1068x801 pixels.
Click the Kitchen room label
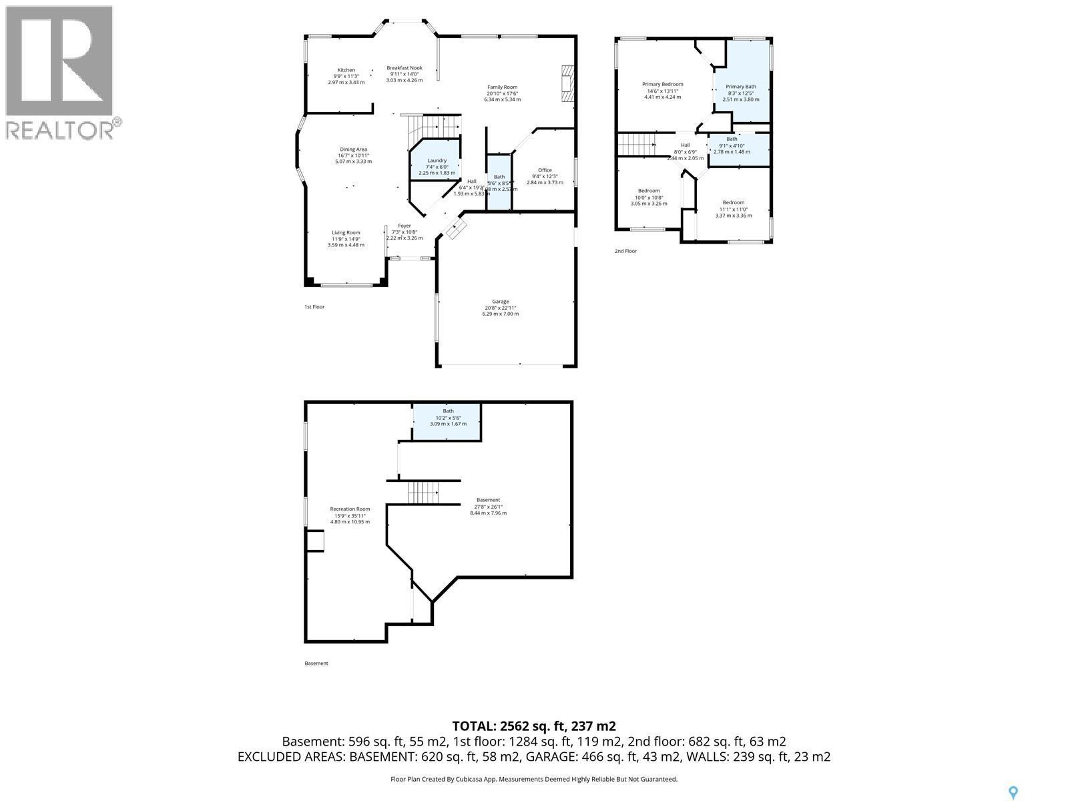[x=346, y=70]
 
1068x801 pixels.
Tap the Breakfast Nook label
[x=405, y=68]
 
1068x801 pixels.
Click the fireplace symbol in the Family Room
[x=567, y=85]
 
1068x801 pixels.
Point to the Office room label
[x=545, y=170]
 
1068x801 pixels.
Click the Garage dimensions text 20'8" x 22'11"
[x=500, y=308]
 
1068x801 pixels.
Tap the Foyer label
[x=405, y=226]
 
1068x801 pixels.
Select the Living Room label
[x=346, y=233]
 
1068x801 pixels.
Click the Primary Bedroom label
[x=662, y=84]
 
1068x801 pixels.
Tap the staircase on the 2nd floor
[x=635, y=144]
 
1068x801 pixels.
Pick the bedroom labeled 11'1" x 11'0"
[x=733, y=209]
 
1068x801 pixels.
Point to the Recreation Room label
[x=350, y=509]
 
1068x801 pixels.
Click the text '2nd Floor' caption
[x=625, y=251]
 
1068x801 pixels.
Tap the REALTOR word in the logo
[x=60, y=129]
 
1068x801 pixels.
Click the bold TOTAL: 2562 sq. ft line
[x=534, y=726]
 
